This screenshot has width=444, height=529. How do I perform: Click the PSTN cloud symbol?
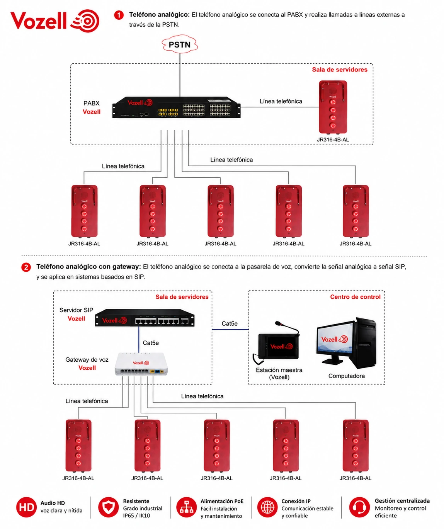(180, 44)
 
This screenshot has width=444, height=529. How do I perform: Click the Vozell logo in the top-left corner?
(55, 21)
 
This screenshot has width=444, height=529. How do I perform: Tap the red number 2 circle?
(26, 267)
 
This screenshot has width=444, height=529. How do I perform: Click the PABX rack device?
(176, 107)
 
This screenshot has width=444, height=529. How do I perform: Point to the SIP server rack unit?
(145, 318)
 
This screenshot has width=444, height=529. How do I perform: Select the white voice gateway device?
(141, 364)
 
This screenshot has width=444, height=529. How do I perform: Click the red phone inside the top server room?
(333, 107)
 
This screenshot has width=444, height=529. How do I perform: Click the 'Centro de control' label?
(355, 297)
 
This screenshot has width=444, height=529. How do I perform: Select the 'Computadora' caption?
(347, 376)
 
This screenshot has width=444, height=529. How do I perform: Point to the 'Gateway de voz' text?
(87, 360)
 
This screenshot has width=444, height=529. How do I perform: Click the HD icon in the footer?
(26, 507)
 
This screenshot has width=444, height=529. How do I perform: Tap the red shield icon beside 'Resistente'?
(109, 507)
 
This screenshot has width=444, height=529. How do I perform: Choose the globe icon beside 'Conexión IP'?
(267, 507)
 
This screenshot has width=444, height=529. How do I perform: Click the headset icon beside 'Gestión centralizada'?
(359, 507)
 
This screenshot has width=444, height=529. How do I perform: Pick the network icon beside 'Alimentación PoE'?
(187, 507)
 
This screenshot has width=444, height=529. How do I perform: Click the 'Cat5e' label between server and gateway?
(151, 343)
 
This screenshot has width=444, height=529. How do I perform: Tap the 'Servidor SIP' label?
(76, 310)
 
